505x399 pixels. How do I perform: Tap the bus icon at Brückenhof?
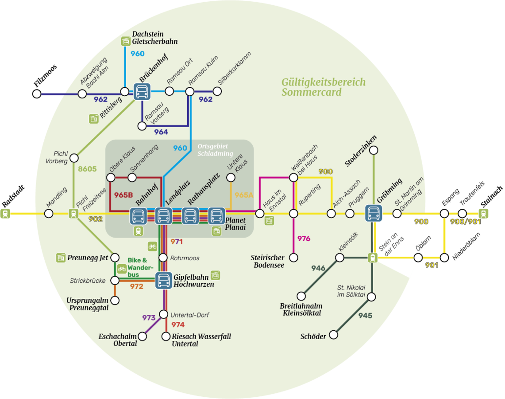click(x=142, y=92)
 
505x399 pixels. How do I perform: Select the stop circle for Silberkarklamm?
click(x=217, y=91)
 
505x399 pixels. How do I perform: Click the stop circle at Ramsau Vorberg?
click(x=142, y=126)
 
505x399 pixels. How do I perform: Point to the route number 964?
click(x=161, y=132)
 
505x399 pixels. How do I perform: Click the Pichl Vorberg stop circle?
click(x=74, y=158)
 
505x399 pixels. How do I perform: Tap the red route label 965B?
click(x=123, y=195)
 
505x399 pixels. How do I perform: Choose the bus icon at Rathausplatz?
click(x=190, y=216)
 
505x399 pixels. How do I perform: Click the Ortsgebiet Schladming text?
click(x=215, y=150)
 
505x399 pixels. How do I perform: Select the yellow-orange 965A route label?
click(x=244, y=195)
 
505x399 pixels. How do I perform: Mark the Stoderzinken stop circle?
click(x=374, y=150)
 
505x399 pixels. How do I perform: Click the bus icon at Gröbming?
click(x=374, y=213)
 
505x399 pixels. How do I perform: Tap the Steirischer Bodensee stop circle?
click(x=293, y=257)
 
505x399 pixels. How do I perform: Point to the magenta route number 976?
click(x=304, y=239)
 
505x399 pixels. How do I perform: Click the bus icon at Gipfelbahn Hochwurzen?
click(x=164, y=280)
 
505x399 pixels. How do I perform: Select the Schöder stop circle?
click(x=334, y=334)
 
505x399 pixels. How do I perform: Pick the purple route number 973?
click(x=149, y=318)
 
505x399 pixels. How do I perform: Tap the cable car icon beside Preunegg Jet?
click(x=61, y=258)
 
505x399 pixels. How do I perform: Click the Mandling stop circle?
click(x=49, y=214)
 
